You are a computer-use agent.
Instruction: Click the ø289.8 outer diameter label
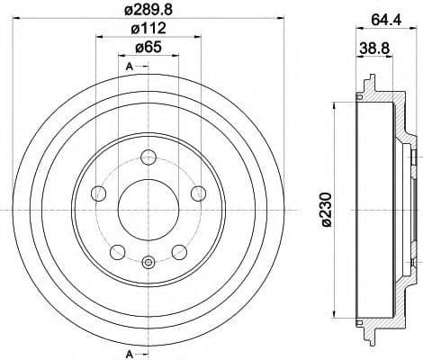[x=148, y=10]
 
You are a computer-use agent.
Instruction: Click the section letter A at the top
[x=129, y=67]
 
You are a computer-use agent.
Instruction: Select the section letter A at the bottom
[x=129, y=350]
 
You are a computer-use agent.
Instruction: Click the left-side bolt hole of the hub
[x=100, y=193]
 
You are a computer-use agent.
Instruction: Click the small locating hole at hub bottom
[x=148, y=263]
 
